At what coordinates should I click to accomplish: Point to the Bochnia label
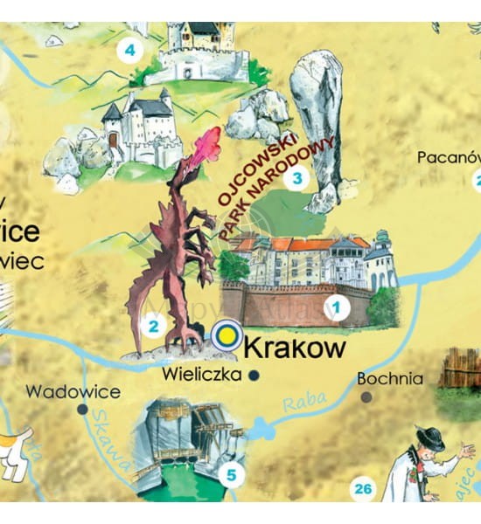tap(390, 379)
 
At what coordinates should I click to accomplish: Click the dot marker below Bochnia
tap(366, 396)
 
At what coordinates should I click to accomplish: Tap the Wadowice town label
tap(73, 391)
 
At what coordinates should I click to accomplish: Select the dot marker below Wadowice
tap(82, 408)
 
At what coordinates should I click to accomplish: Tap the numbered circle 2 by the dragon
tap(153, 327)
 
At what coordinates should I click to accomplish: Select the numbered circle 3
tap(297, 180)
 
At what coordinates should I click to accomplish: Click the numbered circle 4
tap(130, 49)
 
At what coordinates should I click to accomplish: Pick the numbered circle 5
tap(231, 475)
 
